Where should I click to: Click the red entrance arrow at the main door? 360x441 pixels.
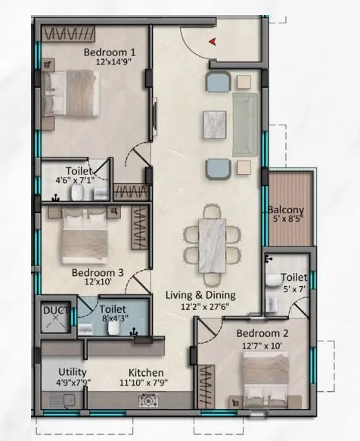[x=215, y=41]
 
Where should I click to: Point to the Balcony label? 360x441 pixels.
[x=286, y=210]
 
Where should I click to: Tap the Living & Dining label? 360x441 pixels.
[x=201, y=295]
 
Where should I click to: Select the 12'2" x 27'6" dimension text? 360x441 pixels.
[x=201, y=306]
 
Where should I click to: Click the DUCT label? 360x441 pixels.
[x=54, y=309]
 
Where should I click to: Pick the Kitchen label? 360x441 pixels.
[x=147, y=372]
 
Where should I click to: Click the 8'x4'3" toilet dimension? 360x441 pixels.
[x=113, y=319]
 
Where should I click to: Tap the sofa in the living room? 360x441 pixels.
[x=244, y=123]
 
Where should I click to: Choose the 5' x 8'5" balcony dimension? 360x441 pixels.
[x=286, y=221]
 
